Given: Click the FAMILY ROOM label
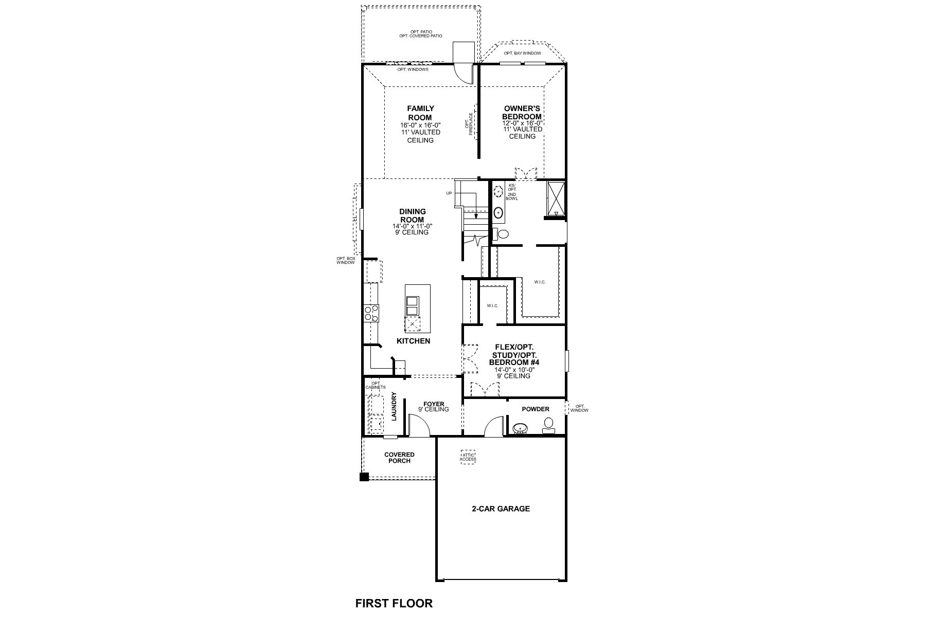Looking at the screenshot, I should pyautogui.click(x=420, y=113).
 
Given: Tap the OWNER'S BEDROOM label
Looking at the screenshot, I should pyautogui.click(x=522, y=113).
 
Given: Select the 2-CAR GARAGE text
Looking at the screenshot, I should pyautogui.click(x=501, y=509).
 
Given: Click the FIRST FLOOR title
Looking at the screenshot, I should pyautogui.click(x=394, y=603).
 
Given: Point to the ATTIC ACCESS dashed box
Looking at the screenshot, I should pyautogui.click(x=468, y=457).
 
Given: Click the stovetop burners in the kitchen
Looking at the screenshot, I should pyautogui.click(x=371, y=313).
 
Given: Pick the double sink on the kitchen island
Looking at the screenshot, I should pyautogui.click(x=413, y=305).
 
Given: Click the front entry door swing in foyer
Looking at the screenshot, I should pyautogui.click(x=418, y=426).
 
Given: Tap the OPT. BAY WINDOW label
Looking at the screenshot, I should pyautogui.click(x=522, y=53).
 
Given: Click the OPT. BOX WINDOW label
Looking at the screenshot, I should pyautogui.click(x=346, y=260).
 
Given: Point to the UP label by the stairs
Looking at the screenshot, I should pyautogui.click(x=449, y=193).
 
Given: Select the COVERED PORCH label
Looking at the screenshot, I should pyautogui.click(x=399, y=458).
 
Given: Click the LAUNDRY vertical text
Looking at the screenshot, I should pyautogui.click(x=394, y=407).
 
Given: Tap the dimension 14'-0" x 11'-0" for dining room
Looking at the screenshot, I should pyautogui.click(x=412, y=226).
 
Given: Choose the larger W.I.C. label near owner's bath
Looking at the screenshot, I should pyautogui.click(x=540, y=282).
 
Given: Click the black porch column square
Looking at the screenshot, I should pyautogui.click(x=364, y=477).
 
